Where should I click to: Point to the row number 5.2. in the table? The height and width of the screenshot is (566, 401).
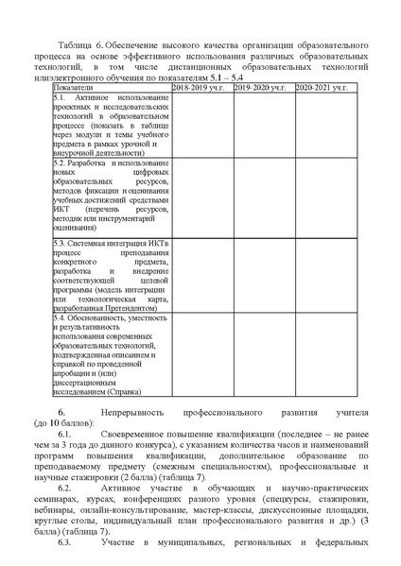click(58, 163)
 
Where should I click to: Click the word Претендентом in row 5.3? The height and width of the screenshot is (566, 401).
click(129, 308)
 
